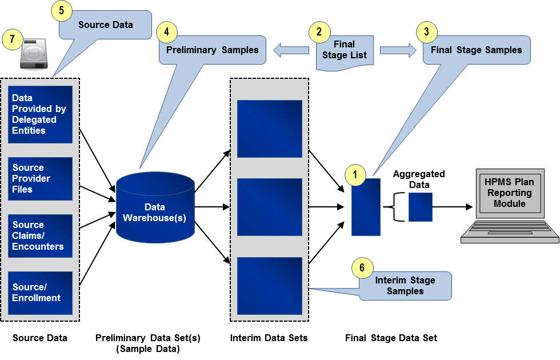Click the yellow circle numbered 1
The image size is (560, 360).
click(x=355, y=175)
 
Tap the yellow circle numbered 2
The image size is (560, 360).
click(x=320, y=32)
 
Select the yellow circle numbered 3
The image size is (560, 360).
click(x=426, y=32)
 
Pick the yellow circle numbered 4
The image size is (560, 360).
click(x=167, y=32)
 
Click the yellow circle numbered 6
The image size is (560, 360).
click(x=362, y=267)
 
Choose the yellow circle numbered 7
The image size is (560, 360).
click(x=12, y=39)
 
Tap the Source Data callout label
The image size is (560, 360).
click(x=106, y=25)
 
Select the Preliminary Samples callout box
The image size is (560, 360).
click(x=213, y=50)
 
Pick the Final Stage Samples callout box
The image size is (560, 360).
click(x=477, y=50)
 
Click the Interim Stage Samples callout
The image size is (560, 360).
click(x=405, y=286)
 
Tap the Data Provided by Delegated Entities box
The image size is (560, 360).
click(x=40, y=114)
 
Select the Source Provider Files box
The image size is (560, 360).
click(x=40, y=178)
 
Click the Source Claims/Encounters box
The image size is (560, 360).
click(x=40, y=235)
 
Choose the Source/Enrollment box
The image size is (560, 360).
click(x=40, y=293)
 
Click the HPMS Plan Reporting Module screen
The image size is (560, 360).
click(x=509, y=193)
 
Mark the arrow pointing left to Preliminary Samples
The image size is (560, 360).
click(x=291, y=51)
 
